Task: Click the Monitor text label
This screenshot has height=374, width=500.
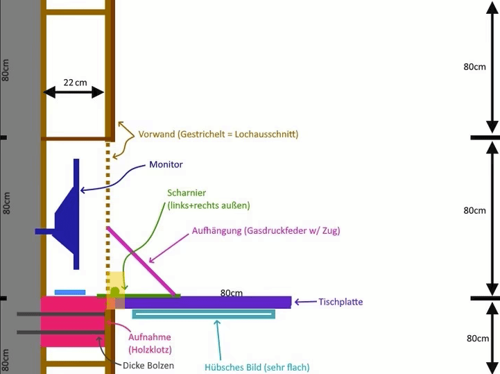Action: (x=166, y=165)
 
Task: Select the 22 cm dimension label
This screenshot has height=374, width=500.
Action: (x=76, y=82)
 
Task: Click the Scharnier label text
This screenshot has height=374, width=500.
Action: (x=187, y=192)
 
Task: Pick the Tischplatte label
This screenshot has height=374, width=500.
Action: (x=340, y=302)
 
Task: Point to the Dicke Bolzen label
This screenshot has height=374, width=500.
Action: (x=148, y=366)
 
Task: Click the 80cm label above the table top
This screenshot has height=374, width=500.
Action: (x=232, y=293)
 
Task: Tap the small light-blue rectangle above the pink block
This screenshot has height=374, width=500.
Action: (x=70, y=292)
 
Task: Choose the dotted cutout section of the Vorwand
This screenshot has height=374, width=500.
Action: (x=108, y=208)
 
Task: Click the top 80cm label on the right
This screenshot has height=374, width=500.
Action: (x=474, y=67)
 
